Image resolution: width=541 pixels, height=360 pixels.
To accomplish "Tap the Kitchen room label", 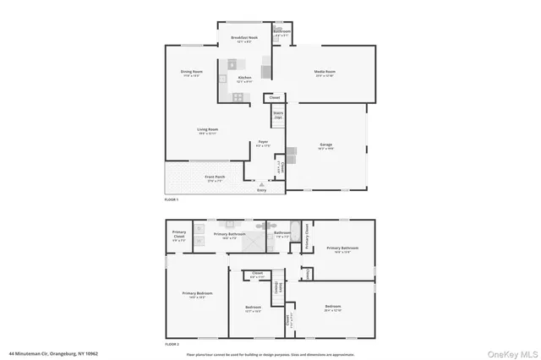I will coord(244,78).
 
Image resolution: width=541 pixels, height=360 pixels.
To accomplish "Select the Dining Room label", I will coord(190,73).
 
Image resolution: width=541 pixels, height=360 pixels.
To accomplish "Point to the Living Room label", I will coord(207,130).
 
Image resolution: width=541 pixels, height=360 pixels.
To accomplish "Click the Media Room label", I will coord(325,73).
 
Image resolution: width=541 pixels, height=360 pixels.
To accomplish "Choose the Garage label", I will coord(325,145).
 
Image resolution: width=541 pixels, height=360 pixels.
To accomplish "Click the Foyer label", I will coord(264,143).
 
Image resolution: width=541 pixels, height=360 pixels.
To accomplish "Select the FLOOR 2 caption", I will coord(172,343).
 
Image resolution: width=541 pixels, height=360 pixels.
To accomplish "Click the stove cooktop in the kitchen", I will coord(238,95).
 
